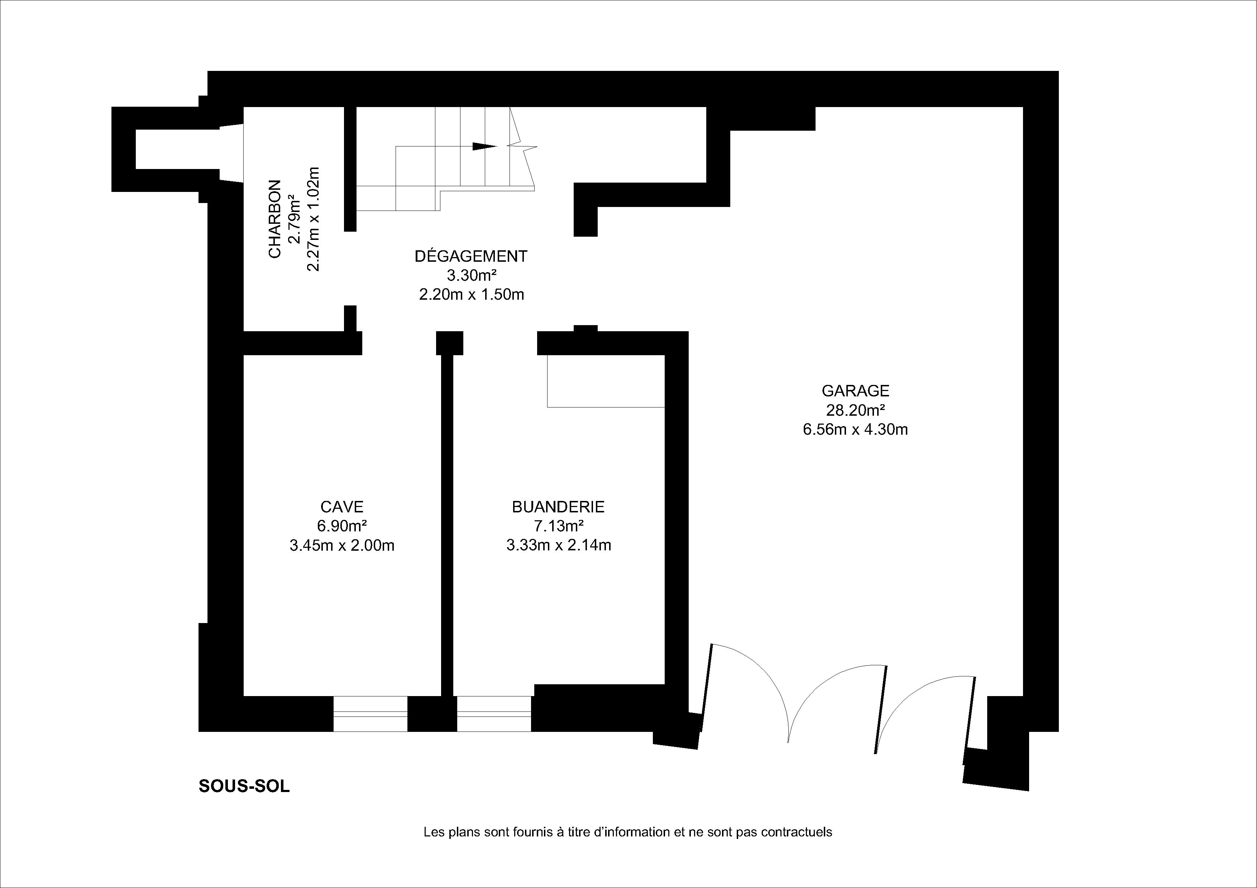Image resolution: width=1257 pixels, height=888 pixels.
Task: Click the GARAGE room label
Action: tap(855, 391)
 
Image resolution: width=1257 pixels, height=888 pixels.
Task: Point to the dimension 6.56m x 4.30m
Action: tap(855, 430)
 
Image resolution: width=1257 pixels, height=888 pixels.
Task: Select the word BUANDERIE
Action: tap(558, 507)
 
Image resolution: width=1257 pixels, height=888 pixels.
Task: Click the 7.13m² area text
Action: tap(558, 526)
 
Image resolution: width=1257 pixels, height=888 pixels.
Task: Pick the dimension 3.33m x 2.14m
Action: tap(558, 545)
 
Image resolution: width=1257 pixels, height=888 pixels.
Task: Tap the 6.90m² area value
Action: tap(341, 526)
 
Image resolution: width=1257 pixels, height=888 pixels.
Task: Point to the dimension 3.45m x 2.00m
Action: tap(341, 545)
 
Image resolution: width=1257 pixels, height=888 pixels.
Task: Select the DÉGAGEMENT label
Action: tap(471, 256)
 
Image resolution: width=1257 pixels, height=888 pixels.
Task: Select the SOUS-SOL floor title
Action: tap(244, 786)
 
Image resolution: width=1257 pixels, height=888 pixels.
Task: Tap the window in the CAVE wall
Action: tap(371, 714)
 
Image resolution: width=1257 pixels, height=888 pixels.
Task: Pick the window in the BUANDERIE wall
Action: tap(494, 714)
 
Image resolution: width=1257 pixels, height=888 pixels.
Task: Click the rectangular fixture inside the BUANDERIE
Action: tap(606, 381)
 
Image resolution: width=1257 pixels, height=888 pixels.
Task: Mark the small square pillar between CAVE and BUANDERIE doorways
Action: tap(449, 343)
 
